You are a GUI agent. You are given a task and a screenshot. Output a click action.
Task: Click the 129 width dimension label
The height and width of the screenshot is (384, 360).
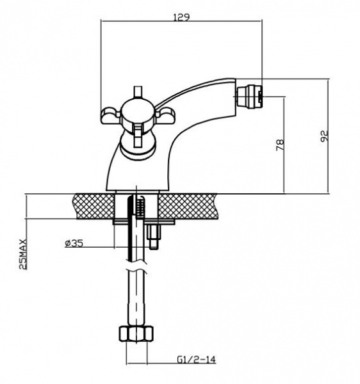click(x=181, y=18)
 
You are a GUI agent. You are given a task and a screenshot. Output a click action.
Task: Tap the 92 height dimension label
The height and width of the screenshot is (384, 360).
click(x=324, y=136)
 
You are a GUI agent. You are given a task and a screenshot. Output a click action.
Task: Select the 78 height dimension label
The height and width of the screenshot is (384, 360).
click(x=280, y=145)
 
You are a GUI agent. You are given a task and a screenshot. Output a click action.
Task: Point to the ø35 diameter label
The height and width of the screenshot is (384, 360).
click(x=74, y=243)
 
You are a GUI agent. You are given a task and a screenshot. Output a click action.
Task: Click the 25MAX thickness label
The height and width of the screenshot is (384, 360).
click(x=23, y=254)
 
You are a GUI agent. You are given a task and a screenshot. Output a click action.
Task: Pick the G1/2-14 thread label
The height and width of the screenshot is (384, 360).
click(x=196, y=360)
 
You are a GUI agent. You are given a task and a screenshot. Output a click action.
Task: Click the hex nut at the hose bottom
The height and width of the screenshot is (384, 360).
click(x=136, y=333)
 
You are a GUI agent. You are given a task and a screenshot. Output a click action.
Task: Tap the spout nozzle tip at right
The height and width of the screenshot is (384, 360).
click(x=249, y=97)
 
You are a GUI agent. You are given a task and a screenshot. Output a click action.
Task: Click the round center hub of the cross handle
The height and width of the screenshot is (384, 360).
click(x=138, y=115)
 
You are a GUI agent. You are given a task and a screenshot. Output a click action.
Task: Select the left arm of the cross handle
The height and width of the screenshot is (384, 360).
click(x=111, y=115)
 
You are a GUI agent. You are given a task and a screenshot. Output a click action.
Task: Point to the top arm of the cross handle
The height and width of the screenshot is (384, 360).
click(x=138, y=93)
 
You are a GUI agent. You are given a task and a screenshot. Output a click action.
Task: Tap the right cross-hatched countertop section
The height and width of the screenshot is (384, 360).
click(x=188, y=206)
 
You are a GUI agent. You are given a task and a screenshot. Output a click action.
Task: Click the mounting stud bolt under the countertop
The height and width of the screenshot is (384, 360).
click(x=153, y=236)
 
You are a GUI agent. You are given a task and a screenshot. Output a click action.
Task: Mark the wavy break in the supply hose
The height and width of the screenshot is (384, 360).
click(x=137, y=267)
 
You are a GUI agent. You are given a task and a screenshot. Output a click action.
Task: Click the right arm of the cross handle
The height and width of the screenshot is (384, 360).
click(x=165, y=115)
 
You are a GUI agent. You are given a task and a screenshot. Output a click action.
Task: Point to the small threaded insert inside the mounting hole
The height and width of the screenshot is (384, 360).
click(x=140, y=207)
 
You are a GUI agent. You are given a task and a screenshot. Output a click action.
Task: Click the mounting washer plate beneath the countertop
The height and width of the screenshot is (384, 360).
click(x=143, y=222)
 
